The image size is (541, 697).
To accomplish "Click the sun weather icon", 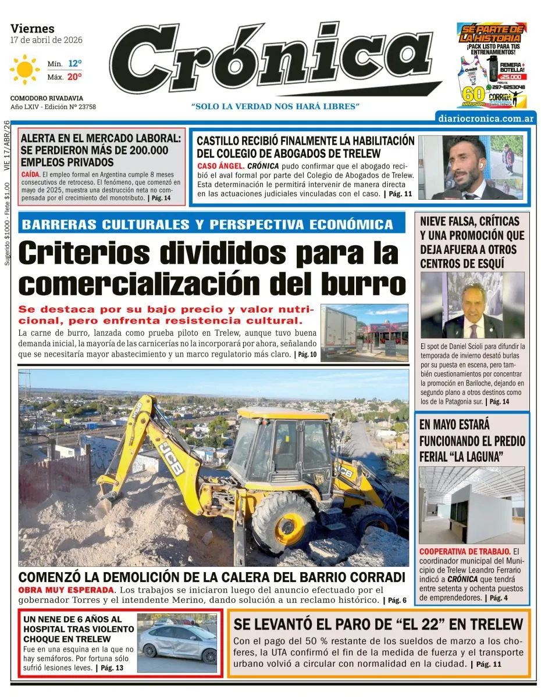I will click(24, 70).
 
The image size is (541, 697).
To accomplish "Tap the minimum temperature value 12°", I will click(74, 63).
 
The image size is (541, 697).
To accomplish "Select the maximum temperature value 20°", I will click(74, 76).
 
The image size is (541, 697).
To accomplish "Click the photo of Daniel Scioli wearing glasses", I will click(472, 306).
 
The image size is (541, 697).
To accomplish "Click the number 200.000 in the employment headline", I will click(142, 150).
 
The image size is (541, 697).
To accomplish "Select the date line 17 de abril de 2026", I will click(47, 40).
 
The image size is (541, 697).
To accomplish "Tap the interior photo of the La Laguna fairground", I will click(472, 505).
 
